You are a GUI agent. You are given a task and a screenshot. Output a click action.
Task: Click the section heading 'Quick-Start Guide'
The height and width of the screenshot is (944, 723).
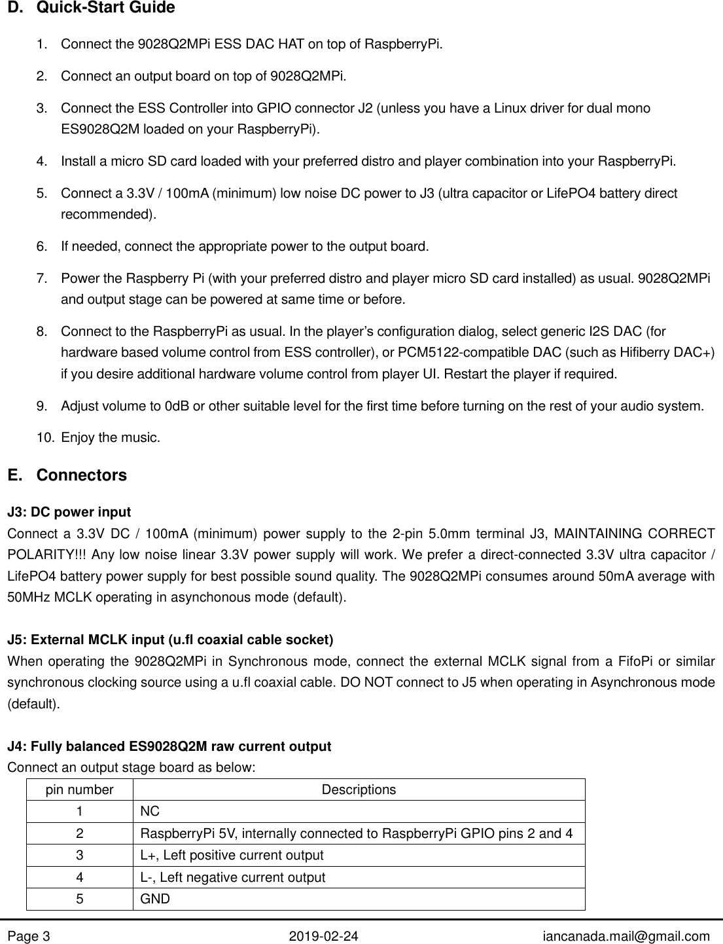105,9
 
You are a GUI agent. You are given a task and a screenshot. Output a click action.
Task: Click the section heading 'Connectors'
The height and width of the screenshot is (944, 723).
82,475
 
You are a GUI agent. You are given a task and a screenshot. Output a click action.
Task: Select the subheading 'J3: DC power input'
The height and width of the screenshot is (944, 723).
69,512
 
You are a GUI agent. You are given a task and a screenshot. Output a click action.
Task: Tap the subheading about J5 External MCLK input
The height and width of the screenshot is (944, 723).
170,639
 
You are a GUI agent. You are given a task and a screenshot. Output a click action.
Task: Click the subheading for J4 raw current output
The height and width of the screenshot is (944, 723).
169,746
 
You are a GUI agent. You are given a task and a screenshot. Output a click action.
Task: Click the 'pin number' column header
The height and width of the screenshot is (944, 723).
79,790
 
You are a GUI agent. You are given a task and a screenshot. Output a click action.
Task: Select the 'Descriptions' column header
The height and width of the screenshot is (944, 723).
359,790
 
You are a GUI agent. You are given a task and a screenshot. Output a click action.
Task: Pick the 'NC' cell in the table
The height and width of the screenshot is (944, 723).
150,811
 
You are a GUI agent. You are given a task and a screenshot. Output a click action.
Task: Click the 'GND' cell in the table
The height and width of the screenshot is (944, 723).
155,899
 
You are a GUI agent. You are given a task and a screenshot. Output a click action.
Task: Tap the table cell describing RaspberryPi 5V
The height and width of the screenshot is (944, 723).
357,833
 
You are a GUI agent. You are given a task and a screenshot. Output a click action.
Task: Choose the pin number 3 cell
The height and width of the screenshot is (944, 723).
79,855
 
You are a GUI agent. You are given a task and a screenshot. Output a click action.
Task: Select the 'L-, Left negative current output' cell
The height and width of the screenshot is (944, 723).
232,877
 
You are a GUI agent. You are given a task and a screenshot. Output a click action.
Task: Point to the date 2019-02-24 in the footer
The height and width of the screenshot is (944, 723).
324,936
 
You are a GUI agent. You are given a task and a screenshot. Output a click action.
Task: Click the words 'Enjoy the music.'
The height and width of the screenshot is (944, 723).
110,437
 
